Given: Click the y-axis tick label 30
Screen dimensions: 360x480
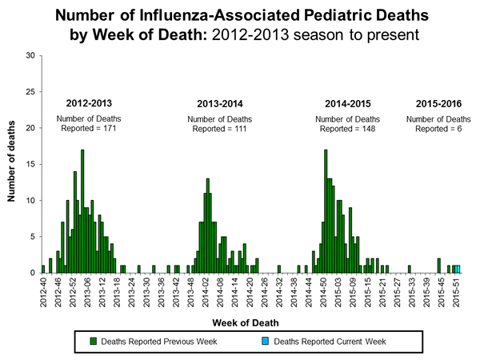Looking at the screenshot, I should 30,55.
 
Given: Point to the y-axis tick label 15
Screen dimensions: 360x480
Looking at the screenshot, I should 30,164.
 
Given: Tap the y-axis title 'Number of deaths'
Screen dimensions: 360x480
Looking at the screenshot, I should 13,164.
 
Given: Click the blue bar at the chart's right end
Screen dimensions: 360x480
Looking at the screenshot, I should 458,269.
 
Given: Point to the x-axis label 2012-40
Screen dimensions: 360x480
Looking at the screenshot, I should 42,289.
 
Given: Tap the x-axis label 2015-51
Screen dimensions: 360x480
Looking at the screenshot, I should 455,289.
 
